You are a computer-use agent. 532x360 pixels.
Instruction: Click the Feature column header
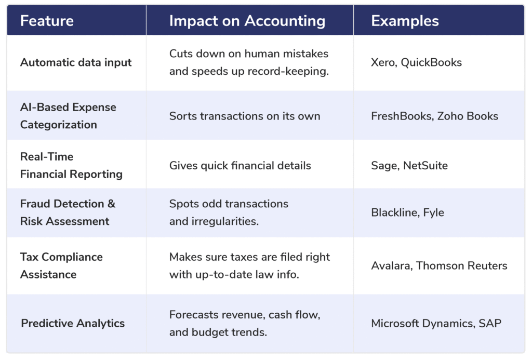(x=47, y=21)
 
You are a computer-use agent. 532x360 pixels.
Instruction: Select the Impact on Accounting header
(x=247, y=21)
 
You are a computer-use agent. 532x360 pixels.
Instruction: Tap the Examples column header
(x=405, y=21)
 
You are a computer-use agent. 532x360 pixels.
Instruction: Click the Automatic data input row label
(x=76, y=63)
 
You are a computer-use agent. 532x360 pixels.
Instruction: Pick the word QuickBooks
(x=431, y=62)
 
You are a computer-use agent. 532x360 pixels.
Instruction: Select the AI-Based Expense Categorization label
(x=68, y=116)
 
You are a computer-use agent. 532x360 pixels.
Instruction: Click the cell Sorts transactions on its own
(x=245, y=116)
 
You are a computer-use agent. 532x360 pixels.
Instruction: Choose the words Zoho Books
(x=468, y=116)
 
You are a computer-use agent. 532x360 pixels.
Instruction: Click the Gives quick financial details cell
(x=240, y=166)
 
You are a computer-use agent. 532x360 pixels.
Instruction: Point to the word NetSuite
(x=425, y=166)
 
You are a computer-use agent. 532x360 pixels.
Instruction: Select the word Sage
(x=385, y=166)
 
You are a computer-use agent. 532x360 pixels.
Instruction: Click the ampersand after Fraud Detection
(x=111, y=204)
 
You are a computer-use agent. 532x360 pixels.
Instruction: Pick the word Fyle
(x=434, y=213)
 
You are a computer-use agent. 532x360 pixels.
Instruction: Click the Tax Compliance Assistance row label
(x=61, y=265)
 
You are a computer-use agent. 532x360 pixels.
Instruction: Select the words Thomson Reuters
(x=461, y=265)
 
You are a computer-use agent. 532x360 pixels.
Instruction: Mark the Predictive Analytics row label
(x=73, y=323)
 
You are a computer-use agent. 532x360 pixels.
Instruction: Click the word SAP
(x=490, y=323)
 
